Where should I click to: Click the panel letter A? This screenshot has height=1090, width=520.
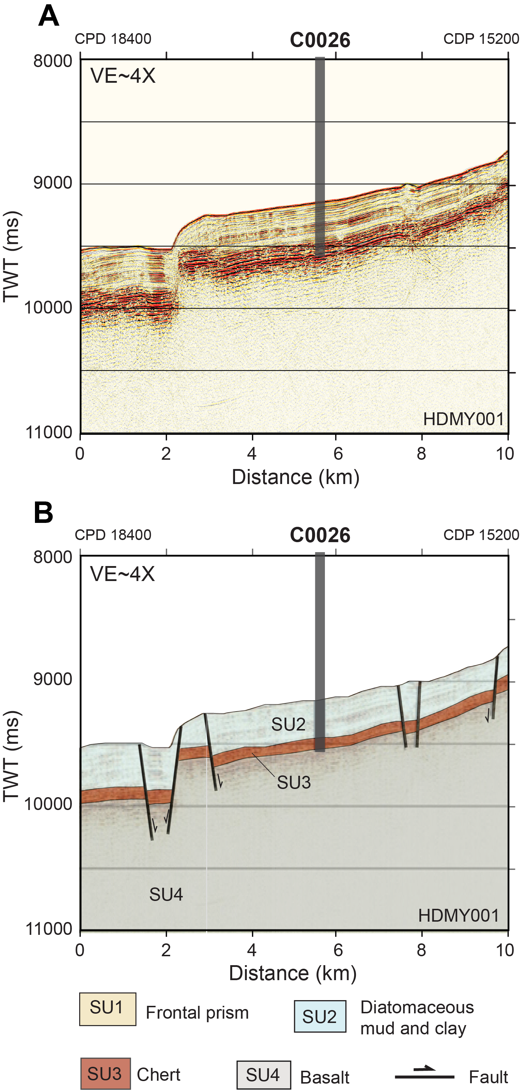(49, 17)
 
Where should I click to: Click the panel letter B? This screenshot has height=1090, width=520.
(43, 513)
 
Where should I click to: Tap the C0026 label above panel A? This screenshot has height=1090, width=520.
(320, 40)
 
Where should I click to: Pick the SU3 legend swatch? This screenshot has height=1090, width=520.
(105, 1074)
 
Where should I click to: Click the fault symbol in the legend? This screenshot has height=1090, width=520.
(424, 1074)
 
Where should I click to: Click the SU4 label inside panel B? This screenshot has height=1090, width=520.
(166, 895)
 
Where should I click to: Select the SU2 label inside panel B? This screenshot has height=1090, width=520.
(288, 724)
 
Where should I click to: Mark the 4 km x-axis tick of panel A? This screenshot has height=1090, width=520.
(252, 454)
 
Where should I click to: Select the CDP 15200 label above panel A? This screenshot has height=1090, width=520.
(481, 39)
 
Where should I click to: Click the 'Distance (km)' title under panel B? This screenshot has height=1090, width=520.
(293, 973)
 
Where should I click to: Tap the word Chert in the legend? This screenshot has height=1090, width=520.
(159, 1074)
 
